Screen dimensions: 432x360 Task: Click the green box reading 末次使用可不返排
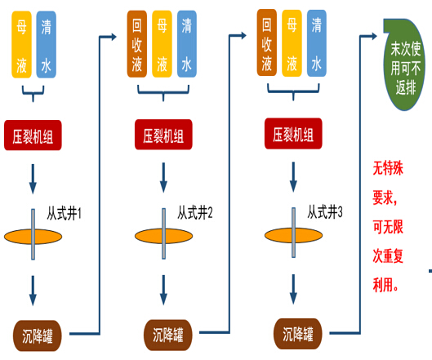point(404,64)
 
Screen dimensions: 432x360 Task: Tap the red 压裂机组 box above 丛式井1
point(33,136)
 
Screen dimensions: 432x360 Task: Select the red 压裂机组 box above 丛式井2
point(163,135)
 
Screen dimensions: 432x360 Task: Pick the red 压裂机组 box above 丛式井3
point(293,134)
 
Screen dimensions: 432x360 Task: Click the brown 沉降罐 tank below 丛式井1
point(38,336)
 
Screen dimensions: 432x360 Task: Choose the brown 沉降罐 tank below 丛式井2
point(167,335)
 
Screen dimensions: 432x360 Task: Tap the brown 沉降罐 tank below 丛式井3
point(297,334)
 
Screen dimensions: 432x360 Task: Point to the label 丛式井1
point(64,213)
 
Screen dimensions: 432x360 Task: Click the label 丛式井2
point(195,212)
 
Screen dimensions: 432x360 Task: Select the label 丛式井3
point(325,212)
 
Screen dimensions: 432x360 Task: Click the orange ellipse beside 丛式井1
point(33,237)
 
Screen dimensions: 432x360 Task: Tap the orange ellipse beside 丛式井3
point(293,235)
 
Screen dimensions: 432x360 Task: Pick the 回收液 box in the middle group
point(137,44)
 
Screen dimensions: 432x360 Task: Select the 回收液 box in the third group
point(267,42)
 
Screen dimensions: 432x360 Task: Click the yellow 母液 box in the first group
point(21,45)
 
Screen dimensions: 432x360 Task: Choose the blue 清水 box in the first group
point(47,45)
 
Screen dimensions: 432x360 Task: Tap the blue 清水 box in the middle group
point(187,44)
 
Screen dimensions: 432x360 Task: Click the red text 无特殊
point(388,167)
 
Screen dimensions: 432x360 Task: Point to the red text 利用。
point(385,285)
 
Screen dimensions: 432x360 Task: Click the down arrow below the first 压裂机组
point(33,179)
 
